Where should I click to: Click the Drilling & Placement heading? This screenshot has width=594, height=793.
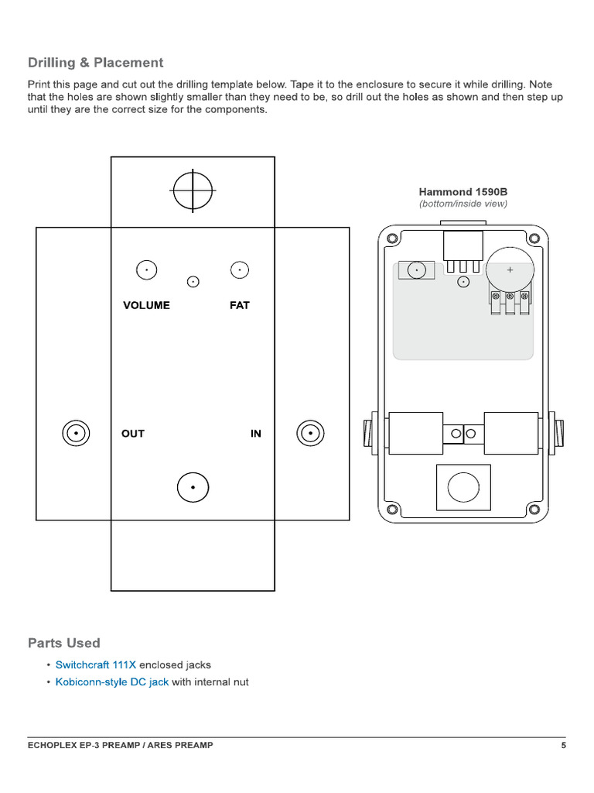[96, 63]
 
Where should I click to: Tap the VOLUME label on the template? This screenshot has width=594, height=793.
[146, 305]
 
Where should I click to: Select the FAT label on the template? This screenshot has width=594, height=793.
[240, 305]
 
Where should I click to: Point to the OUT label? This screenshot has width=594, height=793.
[133, 434]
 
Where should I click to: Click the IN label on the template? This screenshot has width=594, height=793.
[256, 434]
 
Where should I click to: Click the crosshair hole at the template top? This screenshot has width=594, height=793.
[193, 191]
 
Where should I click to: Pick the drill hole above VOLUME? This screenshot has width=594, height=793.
[145, 269]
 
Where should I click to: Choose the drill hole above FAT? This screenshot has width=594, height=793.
[240, 269]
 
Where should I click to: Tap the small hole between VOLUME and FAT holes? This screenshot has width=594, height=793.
[193, 281]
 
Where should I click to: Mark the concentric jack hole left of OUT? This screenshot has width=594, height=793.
[76, 434]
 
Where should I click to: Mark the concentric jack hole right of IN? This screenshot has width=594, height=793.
[310, 434]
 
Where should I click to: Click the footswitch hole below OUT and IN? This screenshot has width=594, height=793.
[193, 487]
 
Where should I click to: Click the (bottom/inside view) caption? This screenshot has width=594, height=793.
[463, 204]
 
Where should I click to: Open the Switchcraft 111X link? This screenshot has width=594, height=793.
[96, 664]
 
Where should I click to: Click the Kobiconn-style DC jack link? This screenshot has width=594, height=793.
[112, 682]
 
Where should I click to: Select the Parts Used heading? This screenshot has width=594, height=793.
[64, 643]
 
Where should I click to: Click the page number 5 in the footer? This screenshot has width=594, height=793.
[564, 746]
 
